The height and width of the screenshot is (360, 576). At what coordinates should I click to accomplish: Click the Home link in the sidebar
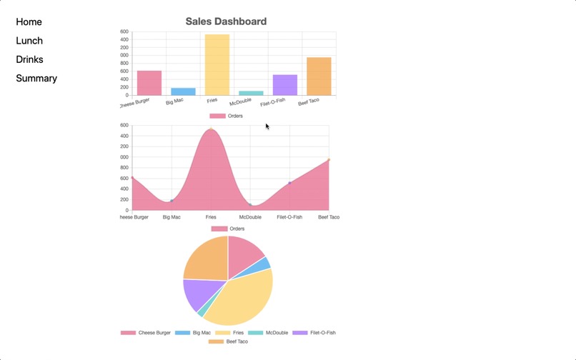pos(29,22)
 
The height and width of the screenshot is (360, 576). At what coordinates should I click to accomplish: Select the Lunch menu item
pos(29,41)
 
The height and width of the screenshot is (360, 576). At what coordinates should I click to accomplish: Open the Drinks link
pos(29,59)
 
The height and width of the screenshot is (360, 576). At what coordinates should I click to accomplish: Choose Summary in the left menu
pos(36,78)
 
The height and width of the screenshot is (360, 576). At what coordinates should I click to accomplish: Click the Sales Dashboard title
pos(226,21)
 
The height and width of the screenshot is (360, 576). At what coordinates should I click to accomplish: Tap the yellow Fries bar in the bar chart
pos(217,64)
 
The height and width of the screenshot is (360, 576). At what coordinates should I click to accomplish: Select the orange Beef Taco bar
pos(319,76)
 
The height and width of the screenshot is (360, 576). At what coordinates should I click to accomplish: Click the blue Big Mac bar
pos(183,91)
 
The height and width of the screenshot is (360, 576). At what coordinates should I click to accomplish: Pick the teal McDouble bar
pos(251,93)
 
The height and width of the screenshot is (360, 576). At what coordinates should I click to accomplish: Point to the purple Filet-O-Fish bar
pos(284,85)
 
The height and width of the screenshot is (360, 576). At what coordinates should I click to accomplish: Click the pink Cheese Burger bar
pos(149,83)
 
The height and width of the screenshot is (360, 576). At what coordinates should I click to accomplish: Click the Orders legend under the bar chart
pos(227,116)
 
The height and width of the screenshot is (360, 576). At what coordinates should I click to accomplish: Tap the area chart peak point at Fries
pos(211,129)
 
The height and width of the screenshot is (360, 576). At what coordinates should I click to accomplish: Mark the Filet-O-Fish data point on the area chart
pos(289,183)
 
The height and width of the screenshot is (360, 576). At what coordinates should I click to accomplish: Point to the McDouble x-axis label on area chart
pos(250,217)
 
